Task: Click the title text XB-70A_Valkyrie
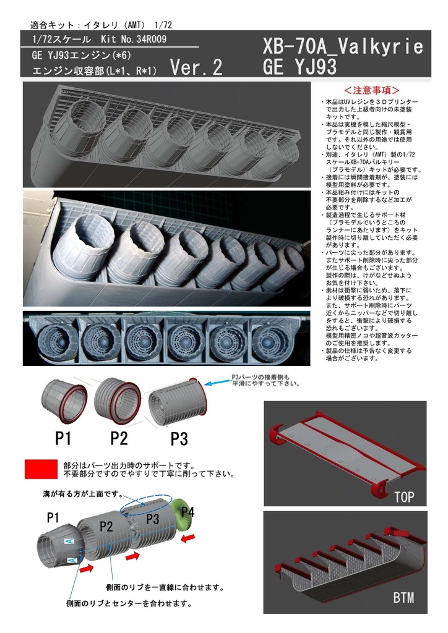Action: [x=343, y=46]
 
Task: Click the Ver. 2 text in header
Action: [x=196, y=67]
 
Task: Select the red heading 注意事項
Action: [x=371, y=90]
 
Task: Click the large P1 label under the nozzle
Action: [x=62, y=438]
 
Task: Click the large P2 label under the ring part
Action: [x=119, y=438]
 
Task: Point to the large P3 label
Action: [x=179, y=438]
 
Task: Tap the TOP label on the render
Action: [x=403, y=496]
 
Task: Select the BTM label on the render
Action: [x=403, y=598]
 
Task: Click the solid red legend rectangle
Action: [x=41, y=469]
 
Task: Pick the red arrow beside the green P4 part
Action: [x=187, y=537]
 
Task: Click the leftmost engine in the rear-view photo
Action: [x=56, y=339]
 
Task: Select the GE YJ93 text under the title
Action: [x=299, y=66]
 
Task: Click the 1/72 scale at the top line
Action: [x=163, y=25]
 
